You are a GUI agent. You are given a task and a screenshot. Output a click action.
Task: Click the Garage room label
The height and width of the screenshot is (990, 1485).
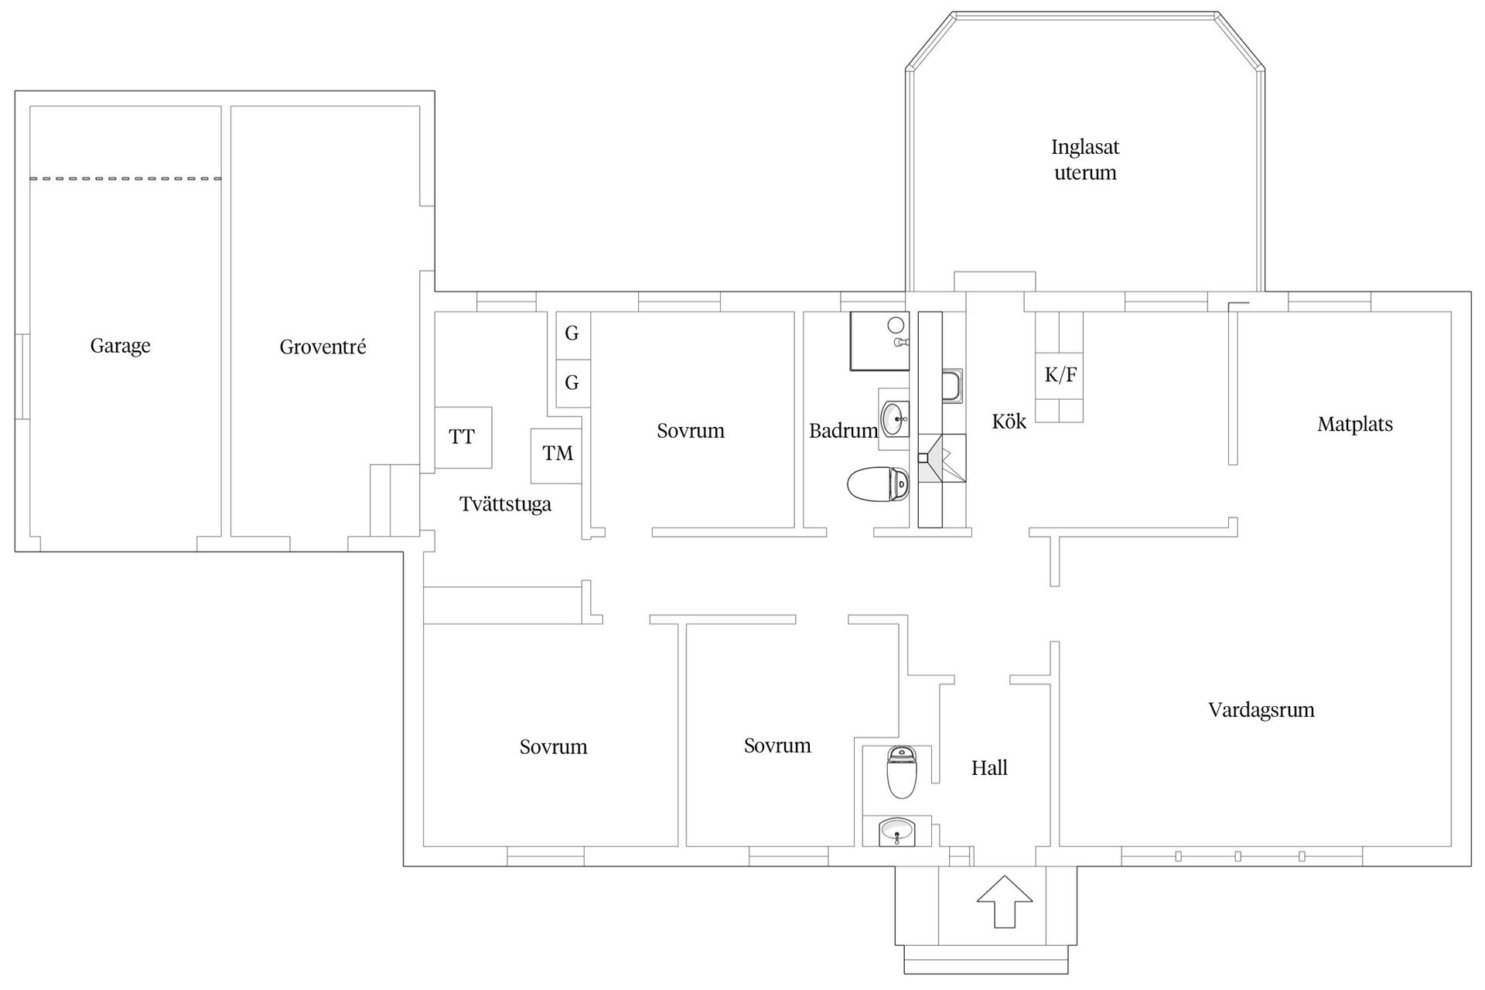(x=120, y=346)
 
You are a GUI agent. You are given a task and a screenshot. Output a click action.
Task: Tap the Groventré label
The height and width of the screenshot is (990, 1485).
(x=323, y=347)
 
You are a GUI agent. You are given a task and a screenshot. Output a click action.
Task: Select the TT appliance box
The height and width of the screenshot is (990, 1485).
(x=463, y=437)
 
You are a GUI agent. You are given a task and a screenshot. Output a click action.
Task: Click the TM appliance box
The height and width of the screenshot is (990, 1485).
(x=557, y=455)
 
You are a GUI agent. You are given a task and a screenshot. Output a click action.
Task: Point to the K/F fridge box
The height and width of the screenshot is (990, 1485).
(x=1060, y=376)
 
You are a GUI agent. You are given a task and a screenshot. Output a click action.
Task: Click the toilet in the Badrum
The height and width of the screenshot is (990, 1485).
(x=879, y=485)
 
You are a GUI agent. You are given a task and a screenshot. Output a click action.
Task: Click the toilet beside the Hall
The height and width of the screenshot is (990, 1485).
(x=901, y=773)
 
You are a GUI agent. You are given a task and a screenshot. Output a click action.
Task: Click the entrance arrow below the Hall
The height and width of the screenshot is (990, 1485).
(x=1004, y=901)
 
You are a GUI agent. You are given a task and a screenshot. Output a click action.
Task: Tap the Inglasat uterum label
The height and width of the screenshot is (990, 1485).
(x=1085, y=159)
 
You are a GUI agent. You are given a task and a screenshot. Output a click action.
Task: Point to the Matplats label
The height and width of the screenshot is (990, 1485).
(x=1354, y=425)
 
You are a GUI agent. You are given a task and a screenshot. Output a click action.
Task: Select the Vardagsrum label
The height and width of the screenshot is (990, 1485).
(x=1261, y=710)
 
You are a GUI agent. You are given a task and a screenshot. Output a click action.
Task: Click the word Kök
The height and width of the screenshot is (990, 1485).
(x=1009, y=422)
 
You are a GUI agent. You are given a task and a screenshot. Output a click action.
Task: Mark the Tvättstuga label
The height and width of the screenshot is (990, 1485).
(x=505, y=505)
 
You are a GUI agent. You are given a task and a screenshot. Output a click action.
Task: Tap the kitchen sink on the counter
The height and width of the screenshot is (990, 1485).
(x=952, y=386)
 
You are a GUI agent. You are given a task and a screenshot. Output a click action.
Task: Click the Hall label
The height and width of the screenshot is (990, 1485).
(x=989, y=768)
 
